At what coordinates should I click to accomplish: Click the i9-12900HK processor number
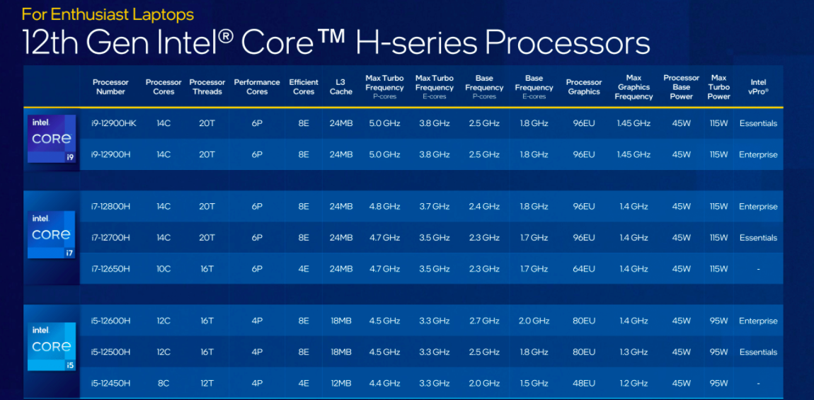(114, 123)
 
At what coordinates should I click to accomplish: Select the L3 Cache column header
(341, 86)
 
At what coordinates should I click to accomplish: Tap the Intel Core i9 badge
(52, 139)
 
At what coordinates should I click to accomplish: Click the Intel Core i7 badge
(52, 234)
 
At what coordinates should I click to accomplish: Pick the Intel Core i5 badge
(52, 346)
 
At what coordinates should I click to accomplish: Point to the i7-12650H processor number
(111, 269)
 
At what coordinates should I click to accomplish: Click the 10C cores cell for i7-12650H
(164, 269)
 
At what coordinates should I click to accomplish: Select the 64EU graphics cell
(584, 269)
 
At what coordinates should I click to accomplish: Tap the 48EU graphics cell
(584, 383)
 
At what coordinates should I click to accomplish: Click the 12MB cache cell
(341, 383)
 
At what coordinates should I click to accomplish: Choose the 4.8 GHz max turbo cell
(384, 207)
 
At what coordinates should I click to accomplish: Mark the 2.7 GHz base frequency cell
(484, 321)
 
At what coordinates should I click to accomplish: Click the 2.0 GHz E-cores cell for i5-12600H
(534, 321)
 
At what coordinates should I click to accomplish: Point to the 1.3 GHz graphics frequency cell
(634, 352)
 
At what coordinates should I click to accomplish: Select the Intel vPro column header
(758, 86)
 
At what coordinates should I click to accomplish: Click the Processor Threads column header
(207, 86)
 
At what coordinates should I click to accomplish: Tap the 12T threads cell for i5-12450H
(207, 383)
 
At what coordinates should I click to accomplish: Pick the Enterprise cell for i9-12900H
(758, 154)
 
